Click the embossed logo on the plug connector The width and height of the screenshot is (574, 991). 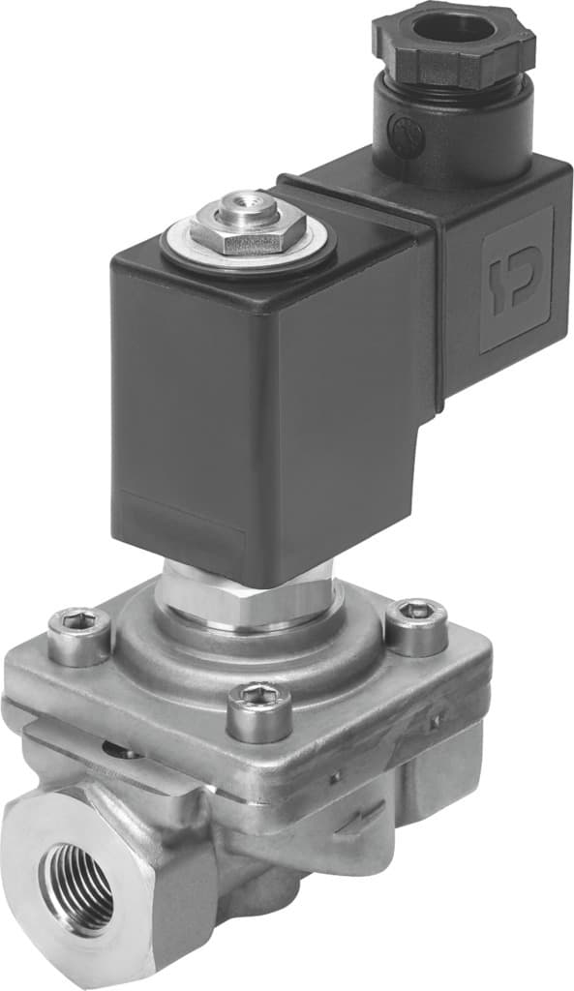[x=514, y=281]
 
